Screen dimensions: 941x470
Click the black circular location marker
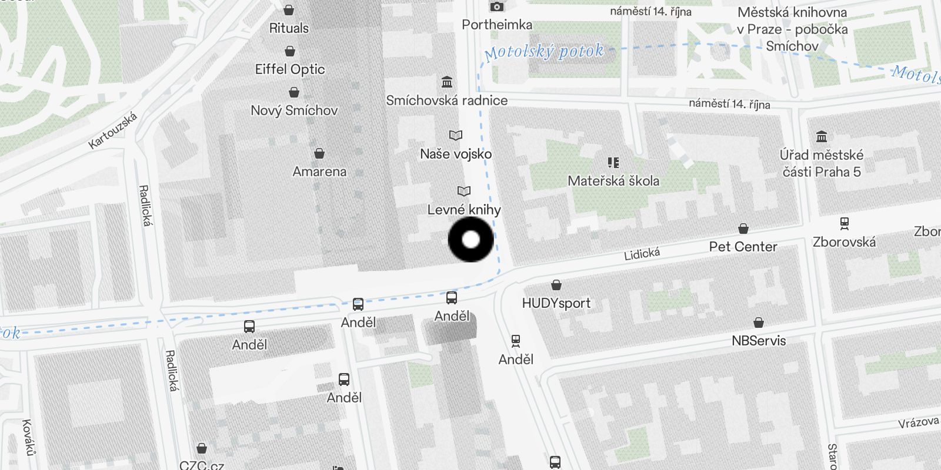click(x=470, y=240)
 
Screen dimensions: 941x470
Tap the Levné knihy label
click(x=464, y=210)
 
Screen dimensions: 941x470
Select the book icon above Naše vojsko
click(x=456, y=136)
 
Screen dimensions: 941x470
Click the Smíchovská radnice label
click(x=446, y=100)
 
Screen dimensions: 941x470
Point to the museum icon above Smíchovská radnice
click(x=447, y=82)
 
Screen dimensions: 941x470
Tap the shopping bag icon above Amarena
click(x=319, y=154)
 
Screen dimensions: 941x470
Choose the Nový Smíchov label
click(x=294, y=110)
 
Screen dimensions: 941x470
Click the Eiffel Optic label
click(x=289, y=69)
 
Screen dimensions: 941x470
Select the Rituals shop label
click(x=289, y=28)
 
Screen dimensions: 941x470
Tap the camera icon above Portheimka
click(x=497, y=7)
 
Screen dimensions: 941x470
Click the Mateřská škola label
click(x=613, y=181)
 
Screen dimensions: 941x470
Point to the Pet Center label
click(x=743, y=247)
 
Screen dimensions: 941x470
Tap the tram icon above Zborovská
click(x=845, y=224)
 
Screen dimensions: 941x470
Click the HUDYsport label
click(x=556, y=303)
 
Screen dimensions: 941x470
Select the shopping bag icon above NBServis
click(x=759, y=323)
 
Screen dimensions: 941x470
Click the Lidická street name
click(x=642, y=254)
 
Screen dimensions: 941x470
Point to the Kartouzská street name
click(x=113, y=130)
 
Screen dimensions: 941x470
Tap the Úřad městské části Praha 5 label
click(x=822, y=163)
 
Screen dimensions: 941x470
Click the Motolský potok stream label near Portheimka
click(x=544, y=52)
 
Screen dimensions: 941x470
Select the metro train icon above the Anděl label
click(x=516, y=341)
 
